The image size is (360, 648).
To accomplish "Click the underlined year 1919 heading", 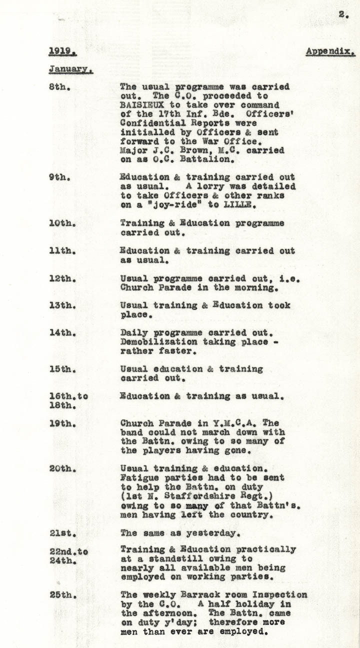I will point(58,51).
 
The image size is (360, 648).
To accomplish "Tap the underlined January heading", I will point(70,69).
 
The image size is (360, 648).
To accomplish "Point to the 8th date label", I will point(59,87).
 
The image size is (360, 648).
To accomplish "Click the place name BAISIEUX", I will point(144,105).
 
